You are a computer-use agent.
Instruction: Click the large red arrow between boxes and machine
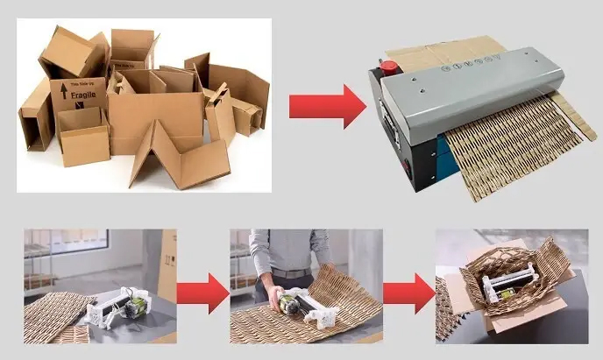[x=326, y=108]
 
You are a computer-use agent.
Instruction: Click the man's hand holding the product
[x=279, y=297]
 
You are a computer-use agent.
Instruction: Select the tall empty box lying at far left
[x=36, y=114]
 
